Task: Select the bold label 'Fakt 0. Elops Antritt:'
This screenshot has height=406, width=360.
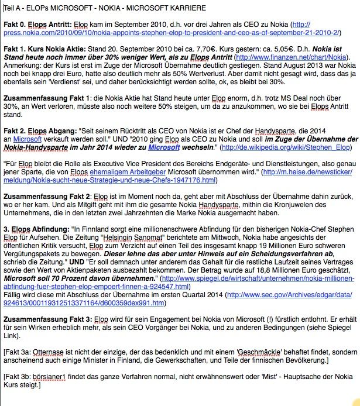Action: [37, 25]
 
